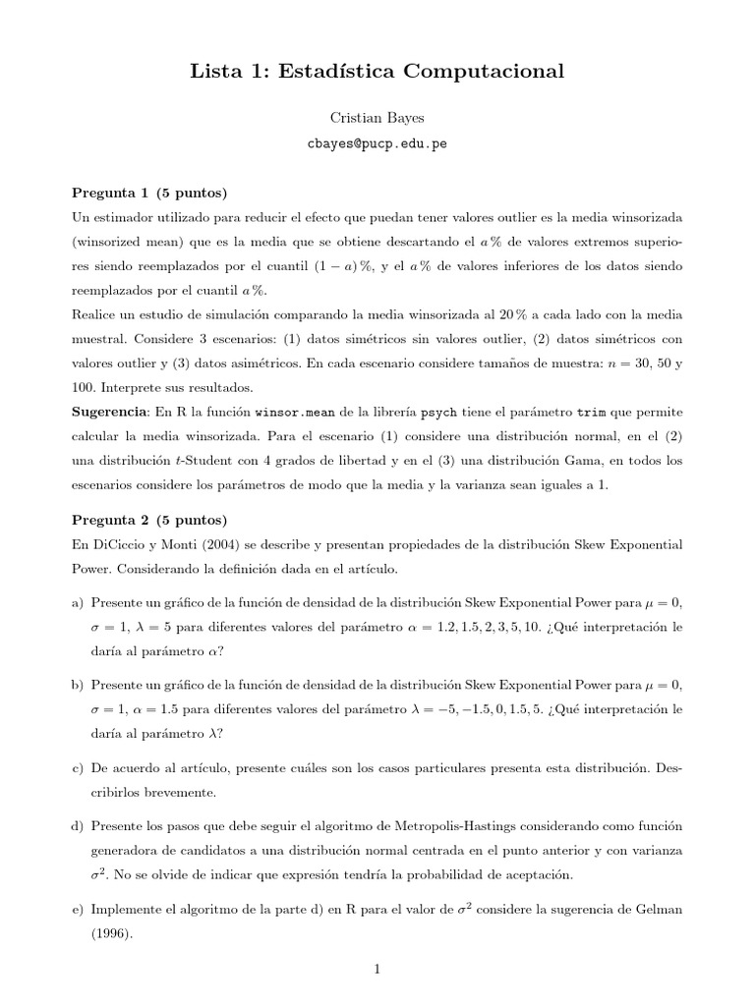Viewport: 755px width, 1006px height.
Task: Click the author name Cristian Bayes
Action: click(x=377, y=117)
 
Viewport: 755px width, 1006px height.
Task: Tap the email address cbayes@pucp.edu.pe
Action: click(x=377, y=142)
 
